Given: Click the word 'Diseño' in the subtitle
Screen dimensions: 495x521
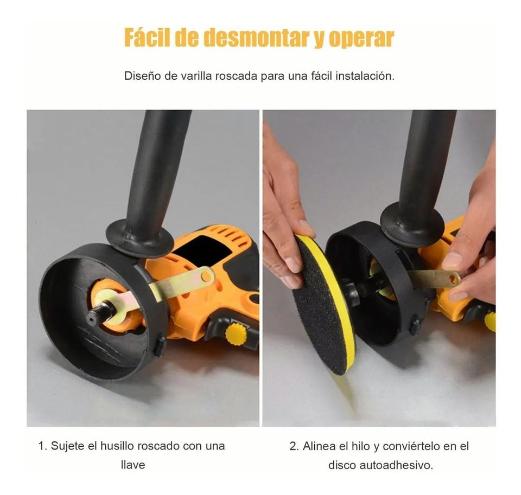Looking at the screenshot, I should (x=142, y=76).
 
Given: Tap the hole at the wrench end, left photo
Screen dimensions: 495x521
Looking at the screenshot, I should (x=206, y=277).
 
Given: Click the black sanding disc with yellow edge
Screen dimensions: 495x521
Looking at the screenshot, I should (x=323, y=304).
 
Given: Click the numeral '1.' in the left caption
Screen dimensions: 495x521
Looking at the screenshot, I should (x=43, y=446).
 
